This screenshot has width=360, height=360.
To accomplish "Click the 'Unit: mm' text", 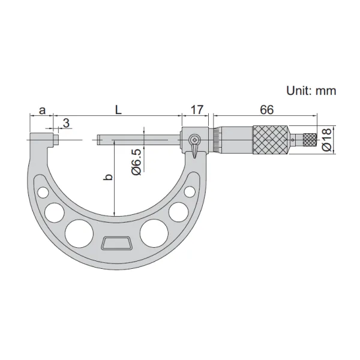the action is point(311,91).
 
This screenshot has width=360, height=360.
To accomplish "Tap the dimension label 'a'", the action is point(42,110).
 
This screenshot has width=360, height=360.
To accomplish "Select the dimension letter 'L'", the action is point(118,110).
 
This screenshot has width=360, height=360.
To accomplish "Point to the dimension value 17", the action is point(197,110).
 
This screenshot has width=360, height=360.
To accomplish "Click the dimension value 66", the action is point(267,110).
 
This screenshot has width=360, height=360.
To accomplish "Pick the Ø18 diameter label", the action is point(327,139).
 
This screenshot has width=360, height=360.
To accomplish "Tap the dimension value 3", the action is point(66,123).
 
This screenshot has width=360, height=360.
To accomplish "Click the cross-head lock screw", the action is point(195,139).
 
